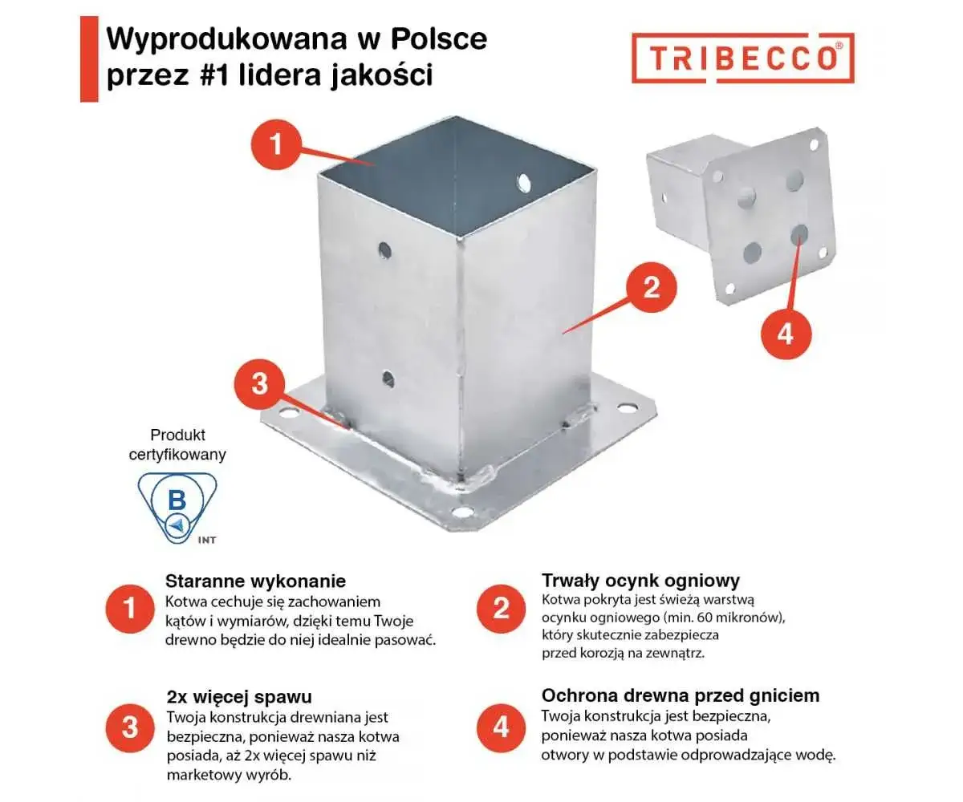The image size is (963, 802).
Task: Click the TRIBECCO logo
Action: pos(742,57)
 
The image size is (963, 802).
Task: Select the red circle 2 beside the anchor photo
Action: pos(651,286)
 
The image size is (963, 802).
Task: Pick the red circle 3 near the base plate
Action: pos(259,383)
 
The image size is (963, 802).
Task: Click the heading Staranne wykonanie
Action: pos(255,581)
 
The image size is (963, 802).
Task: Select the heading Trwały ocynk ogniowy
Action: pos(640,581)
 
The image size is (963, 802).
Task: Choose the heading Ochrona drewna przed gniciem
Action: pos(681,695)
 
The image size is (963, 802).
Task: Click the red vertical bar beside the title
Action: pos(88,60)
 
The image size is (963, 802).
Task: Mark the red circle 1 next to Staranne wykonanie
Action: pos(129,610)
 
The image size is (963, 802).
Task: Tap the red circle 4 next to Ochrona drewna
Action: pos(501,727)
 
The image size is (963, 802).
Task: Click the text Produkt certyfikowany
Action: pos(177,444)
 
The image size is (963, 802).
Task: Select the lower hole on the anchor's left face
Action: pos(388,377)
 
